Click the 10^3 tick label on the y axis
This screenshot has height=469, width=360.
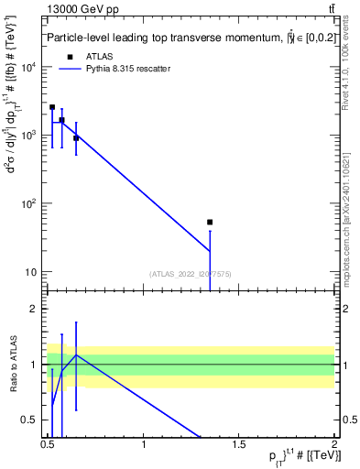[29, 136]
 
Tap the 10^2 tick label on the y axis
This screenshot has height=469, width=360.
[29, 203]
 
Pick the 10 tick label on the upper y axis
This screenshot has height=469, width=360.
[32, 272]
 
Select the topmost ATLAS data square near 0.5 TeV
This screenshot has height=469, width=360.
[52, 107]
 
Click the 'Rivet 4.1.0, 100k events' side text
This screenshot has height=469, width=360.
[352, 82]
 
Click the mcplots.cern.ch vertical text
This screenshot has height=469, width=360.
[352, 266]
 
